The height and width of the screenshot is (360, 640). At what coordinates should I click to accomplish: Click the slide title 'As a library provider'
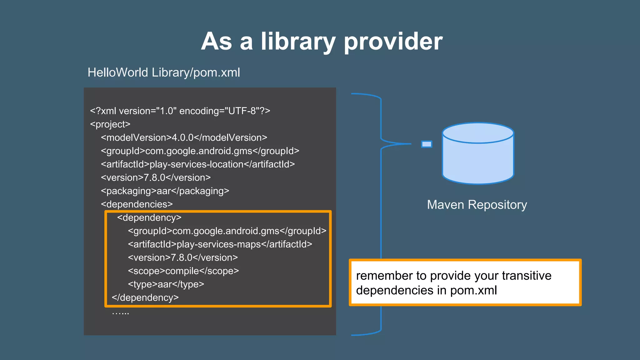[x=322, y=41]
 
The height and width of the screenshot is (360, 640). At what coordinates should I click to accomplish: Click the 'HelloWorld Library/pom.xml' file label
[x=164, y=72]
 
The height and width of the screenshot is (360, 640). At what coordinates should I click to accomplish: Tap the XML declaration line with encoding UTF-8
[x=180, y=111]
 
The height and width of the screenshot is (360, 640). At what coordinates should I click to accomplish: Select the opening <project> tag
[x=110, y=124]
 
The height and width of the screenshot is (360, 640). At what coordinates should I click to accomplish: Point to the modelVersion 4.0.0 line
[x=184, y=137]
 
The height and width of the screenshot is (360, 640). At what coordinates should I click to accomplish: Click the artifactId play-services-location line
[x=197, y=164]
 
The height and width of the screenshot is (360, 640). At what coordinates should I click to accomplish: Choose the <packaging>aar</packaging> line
[x=165, y=191]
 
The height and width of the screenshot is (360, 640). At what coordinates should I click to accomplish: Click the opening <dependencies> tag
[x=137, y=204]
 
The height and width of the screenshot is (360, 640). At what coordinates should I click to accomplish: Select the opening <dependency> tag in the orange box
[x=149, y=217]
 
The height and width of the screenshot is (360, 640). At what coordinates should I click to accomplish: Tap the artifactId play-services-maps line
[x=220, y=244]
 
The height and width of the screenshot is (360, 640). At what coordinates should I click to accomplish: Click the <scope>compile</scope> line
[x=183, y=271]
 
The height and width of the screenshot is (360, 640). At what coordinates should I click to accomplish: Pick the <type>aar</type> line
[x=166, y=284]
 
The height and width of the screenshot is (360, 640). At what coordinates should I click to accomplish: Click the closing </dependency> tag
[x=145, y=297]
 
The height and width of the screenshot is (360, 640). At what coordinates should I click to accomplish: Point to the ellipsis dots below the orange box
[x=120, y=313]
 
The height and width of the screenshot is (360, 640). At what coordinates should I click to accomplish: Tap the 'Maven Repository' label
[x=477, y=205]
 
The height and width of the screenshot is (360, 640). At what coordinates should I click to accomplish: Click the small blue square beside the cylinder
[x=427, y=144]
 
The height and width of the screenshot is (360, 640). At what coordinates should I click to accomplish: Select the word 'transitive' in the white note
[x=527, y=276]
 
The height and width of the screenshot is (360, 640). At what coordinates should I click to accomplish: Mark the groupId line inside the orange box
[x=227, y=231]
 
